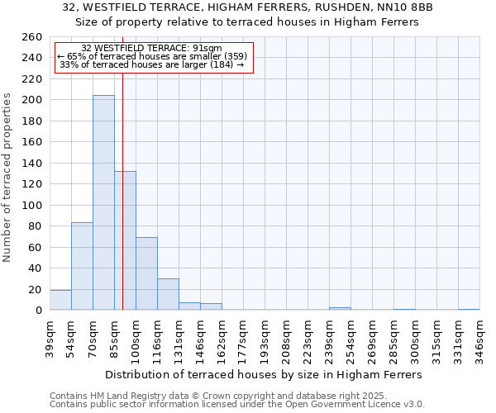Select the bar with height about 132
(x=125, y=240)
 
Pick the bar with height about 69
(x=146, y=273)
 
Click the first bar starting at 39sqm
(x=60, y=300)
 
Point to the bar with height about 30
(x=168, y=294)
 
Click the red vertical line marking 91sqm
(x=122, y=190)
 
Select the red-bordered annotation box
(x=153, y=57)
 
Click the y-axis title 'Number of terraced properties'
(x=8, y=177)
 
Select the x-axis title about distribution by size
(x=265, y=374)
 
